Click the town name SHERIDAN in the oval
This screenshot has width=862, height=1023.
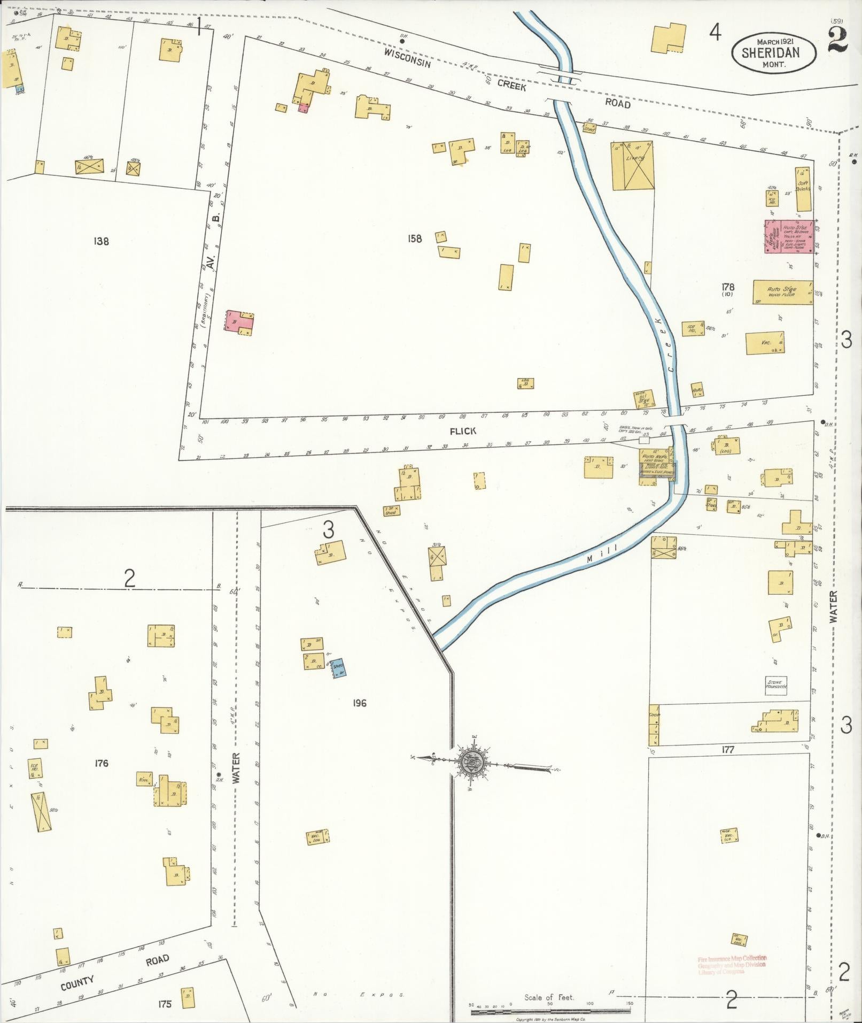pyautogui.click(x=773, y=52)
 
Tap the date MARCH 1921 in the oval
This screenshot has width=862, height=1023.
pyautogui.click(x=773, y=41)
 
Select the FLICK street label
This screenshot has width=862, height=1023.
pyautogui.click(x=463, y=431)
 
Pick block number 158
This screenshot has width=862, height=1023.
pyautogui.click(x=415, y=239)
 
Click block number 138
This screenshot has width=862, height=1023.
pyautogui.click(x=101, y=241)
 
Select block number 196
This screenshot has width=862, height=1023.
pyautogui.click(x=360, y=703)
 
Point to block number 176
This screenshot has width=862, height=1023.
pyautogui.click(x=101, y=763)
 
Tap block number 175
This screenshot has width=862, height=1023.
pyautogui.click(x=165, y=1004)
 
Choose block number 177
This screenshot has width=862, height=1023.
pyautogui.click(x=728, y=750)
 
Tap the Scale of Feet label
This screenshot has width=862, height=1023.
pyautogui.click(x=549, y=997)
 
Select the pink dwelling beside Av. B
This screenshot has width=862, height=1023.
pyautogui.click(x=239, y=322)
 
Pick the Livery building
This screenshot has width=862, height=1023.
pyautogui.click(x=633, y=165)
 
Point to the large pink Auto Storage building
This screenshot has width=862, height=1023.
pyautogui.click(x=789, y=236)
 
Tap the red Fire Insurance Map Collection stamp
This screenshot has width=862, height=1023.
pyautogui.click(x=732, y=965)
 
